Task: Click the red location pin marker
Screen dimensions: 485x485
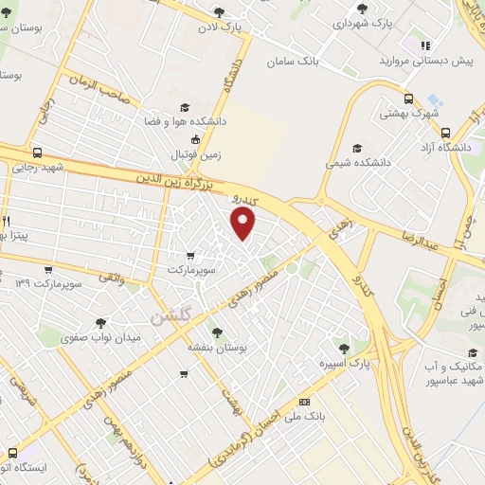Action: coord(244,224)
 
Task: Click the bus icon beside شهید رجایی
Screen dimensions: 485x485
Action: coord(36,152)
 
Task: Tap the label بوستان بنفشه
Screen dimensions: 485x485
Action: coord(216,349)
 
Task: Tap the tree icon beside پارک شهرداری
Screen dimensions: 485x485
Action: coord(362,9)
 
